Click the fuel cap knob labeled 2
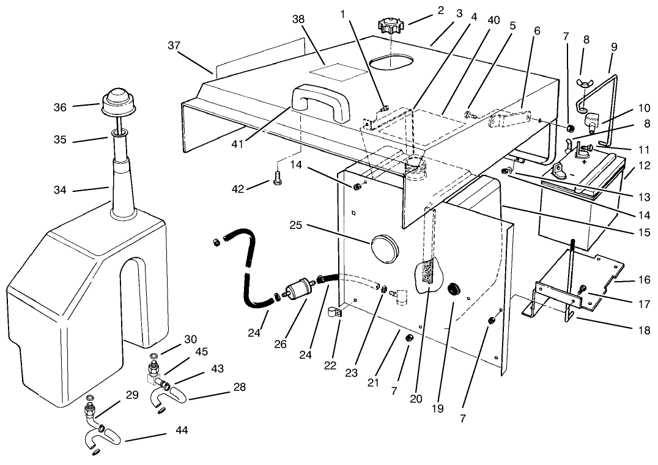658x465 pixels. (389, 26)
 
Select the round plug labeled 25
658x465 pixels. (383, 247)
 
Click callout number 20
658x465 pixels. (416, 397)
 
